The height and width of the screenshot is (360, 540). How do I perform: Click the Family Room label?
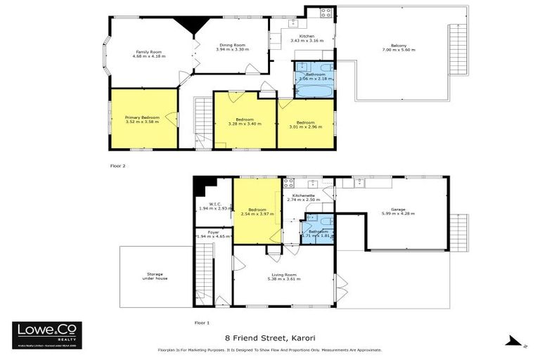(x=148, y=52)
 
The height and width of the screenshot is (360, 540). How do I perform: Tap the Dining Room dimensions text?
(x=232, y=49)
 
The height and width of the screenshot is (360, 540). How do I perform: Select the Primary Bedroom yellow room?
(x=143, y=119)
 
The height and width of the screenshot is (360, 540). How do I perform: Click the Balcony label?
(x=394, y=46)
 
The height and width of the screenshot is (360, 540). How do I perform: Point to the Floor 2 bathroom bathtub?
(x=314, y=90)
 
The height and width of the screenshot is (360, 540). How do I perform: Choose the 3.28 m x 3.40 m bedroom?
(x=245, y=121)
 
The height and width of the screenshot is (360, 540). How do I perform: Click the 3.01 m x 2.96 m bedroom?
(x=306, y=124)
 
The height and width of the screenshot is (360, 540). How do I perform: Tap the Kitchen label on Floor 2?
(x=307, y=36)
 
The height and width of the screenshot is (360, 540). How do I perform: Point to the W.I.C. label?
(x=215, y=205)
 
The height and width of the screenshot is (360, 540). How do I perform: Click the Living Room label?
(x=285, y=274)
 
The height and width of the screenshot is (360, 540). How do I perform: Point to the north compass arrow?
(x=515, y=342)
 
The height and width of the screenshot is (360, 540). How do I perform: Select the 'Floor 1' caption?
(x=202, y=322)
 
